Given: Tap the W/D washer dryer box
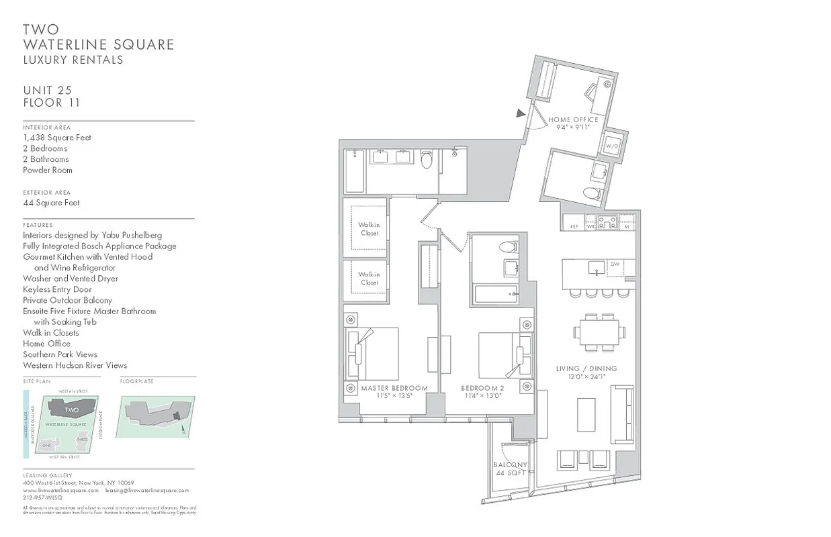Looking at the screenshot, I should coord(612,145).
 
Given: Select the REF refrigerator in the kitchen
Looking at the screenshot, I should coord(574,226).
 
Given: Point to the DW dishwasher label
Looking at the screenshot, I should coord(615,264).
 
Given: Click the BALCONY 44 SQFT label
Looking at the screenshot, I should coord(510,469).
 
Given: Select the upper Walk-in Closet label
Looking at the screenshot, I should coord(369,229).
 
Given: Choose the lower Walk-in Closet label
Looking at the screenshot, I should coord(369,279).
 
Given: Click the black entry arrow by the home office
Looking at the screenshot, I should coord(520,114).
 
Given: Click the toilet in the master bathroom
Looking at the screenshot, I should coord(426,162).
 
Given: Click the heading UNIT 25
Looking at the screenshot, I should coord(47,90).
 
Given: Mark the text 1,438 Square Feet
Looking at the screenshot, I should coord(57,138).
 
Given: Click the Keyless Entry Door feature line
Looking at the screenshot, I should coord(57,289).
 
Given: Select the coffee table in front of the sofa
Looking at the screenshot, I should coord(586,416).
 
